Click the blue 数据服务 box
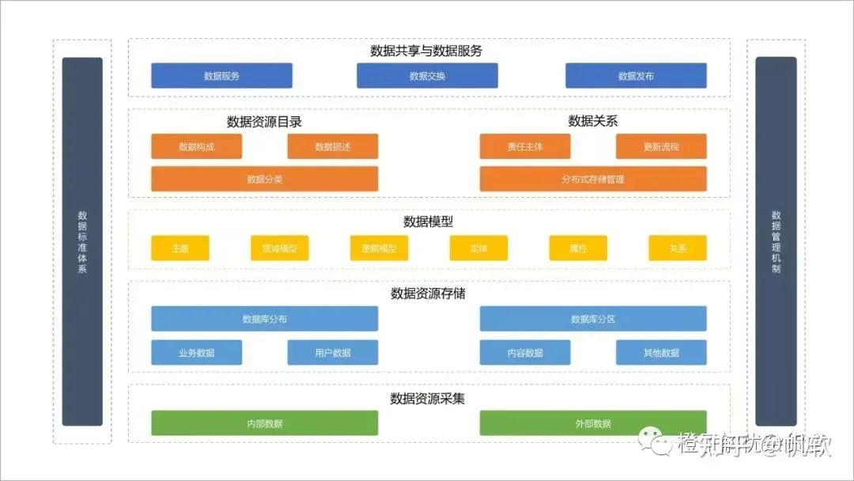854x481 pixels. pos(221,76)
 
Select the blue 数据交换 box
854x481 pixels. pos(427,76)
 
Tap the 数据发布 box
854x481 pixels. pos(636,76)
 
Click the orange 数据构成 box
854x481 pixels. pos(196,146)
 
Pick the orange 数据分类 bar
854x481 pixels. pos(264,179)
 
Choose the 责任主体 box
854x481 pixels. pos(525,146)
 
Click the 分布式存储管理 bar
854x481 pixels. pos(593,179)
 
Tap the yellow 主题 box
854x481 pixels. pos(180,248)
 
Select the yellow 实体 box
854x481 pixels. pos(478,248)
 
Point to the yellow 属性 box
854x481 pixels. pos(578,248)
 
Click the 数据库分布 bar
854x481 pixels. pos(264,319)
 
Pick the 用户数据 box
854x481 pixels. pos(332,353)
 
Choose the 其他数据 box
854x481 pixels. pos(661,353)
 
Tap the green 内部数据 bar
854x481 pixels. pos(264,423)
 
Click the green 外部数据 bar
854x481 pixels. pos(593,423)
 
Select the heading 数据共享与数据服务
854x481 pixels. pos(426,51)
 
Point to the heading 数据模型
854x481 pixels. pos(428,222)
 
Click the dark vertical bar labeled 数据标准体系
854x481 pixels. pos(82,241)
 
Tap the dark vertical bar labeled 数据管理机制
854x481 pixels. pos(776,241)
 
